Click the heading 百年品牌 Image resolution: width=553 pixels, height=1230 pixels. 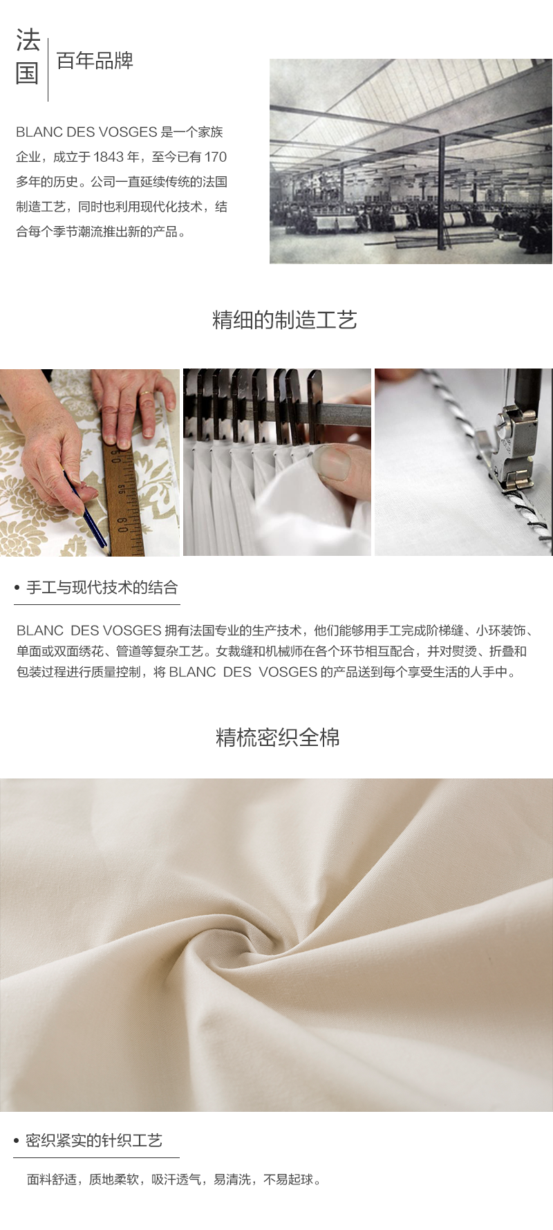pos(95,62)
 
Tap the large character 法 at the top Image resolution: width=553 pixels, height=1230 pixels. pos(28,41)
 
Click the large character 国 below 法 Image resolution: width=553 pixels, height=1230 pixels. pos(28,73)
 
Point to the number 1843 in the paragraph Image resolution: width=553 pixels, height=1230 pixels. pos(109,157)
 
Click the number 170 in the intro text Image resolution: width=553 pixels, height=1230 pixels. pos(216,157)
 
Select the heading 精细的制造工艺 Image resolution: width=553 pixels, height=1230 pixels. pos(284,320)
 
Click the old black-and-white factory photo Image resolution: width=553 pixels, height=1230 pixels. pos(411,161)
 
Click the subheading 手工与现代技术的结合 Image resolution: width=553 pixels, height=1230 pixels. pos(102,588)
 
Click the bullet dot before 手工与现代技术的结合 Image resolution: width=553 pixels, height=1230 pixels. pos(17,588)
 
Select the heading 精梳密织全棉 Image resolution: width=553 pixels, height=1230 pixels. pos(277,738)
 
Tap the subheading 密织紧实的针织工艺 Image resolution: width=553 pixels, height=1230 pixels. pos(94,1140)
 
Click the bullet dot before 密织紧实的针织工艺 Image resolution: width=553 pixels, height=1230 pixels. pos(17,1141)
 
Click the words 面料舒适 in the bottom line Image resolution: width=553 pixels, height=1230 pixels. pos(52,1180)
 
